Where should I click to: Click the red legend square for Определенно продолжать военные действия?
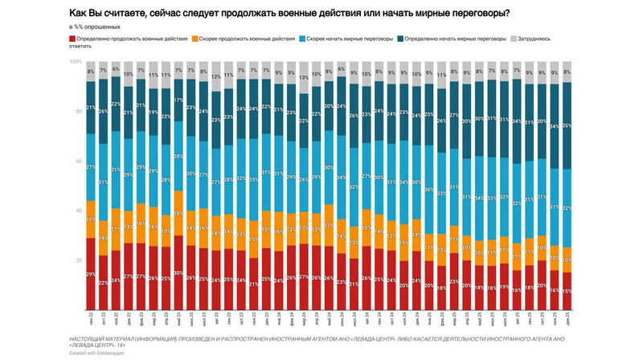74,39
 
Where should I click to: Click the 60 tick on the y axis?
77,162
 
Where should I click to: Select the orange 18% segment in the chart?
178,214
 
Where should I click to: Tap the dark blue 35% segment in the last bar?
567,126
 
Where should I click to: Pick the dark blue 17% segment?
178,100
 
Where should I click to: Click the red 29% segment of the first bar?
90,276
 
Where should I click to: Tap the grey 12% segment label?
215,77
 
